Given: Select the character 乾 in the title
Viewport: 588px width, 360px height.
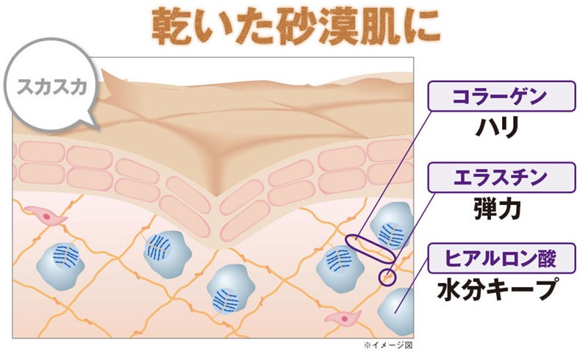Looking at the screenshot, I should click(171, 26).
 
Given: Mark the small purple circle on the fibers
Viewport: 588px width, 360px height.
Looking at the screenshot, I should click(387, 277).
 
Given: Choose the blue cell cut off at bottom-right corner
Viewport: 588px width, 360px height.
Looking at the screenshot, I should click(395, 311).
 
